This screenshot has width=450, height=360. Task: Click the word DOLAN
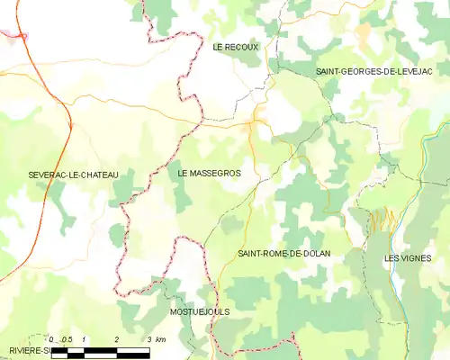tap(315, 254)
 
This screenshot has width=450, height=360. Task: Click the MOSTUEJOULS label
tap(200, 311)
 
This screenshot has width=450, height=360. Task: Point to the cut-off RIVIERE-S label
tap(22, 349)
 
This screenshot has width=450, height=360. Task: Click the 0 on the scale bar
tap(52, 339)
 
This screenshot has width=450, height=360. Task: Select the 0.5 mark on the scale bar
tap(67, 339)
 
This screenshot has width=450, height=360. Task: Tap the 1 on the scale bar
tap(84, 339)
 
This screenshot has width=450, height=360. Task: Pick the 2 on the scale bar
tap(117, 339)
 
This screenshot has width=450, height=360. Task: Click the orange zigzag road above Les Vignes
tap(382, 218)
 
